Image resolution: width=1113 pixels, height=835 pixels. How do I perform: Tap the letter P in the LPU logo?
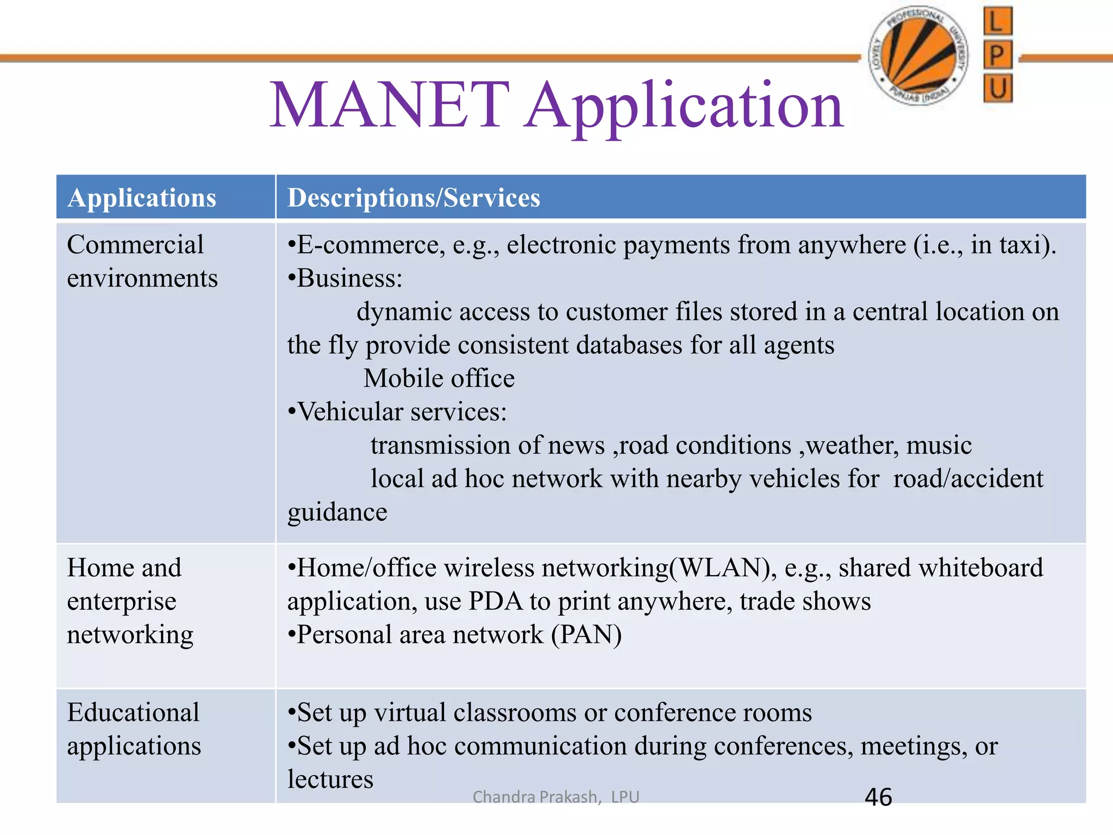(x=997, y=55)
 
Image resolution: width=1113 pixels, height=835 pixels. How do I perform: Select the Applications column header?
(x=142, y=198)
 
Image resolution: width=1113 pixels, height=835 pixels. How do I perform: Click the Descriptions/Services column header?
(x=414, y=198)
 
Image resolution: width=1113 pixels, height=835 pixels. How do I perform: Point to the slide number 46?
(x=878, y=797)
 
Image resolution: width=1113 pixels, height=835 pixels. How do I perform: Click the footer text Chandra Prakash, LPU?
(x=555, y=797)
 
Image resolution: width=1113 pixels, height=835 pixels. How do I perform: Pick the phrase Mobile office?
(x=439, y=378)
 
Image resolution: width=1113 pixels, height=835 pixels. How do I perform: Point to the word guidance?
(x=337, y=512)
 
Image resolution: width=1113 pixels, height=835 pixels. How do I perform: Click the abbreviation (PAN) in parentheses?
(x=586, y=635)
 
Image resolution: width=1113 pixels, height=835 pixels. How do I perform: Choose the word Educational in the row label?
(x=133, y=713)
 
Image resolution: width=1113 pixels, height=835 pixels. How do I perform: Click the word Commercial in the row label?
(x=135, y=245)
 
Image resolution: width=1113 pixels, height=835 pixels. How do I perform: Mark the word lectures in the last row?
(x=330, y=780)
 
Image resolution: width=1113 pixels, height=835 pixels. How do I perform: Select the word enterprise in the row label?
(x=122, y=602)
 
